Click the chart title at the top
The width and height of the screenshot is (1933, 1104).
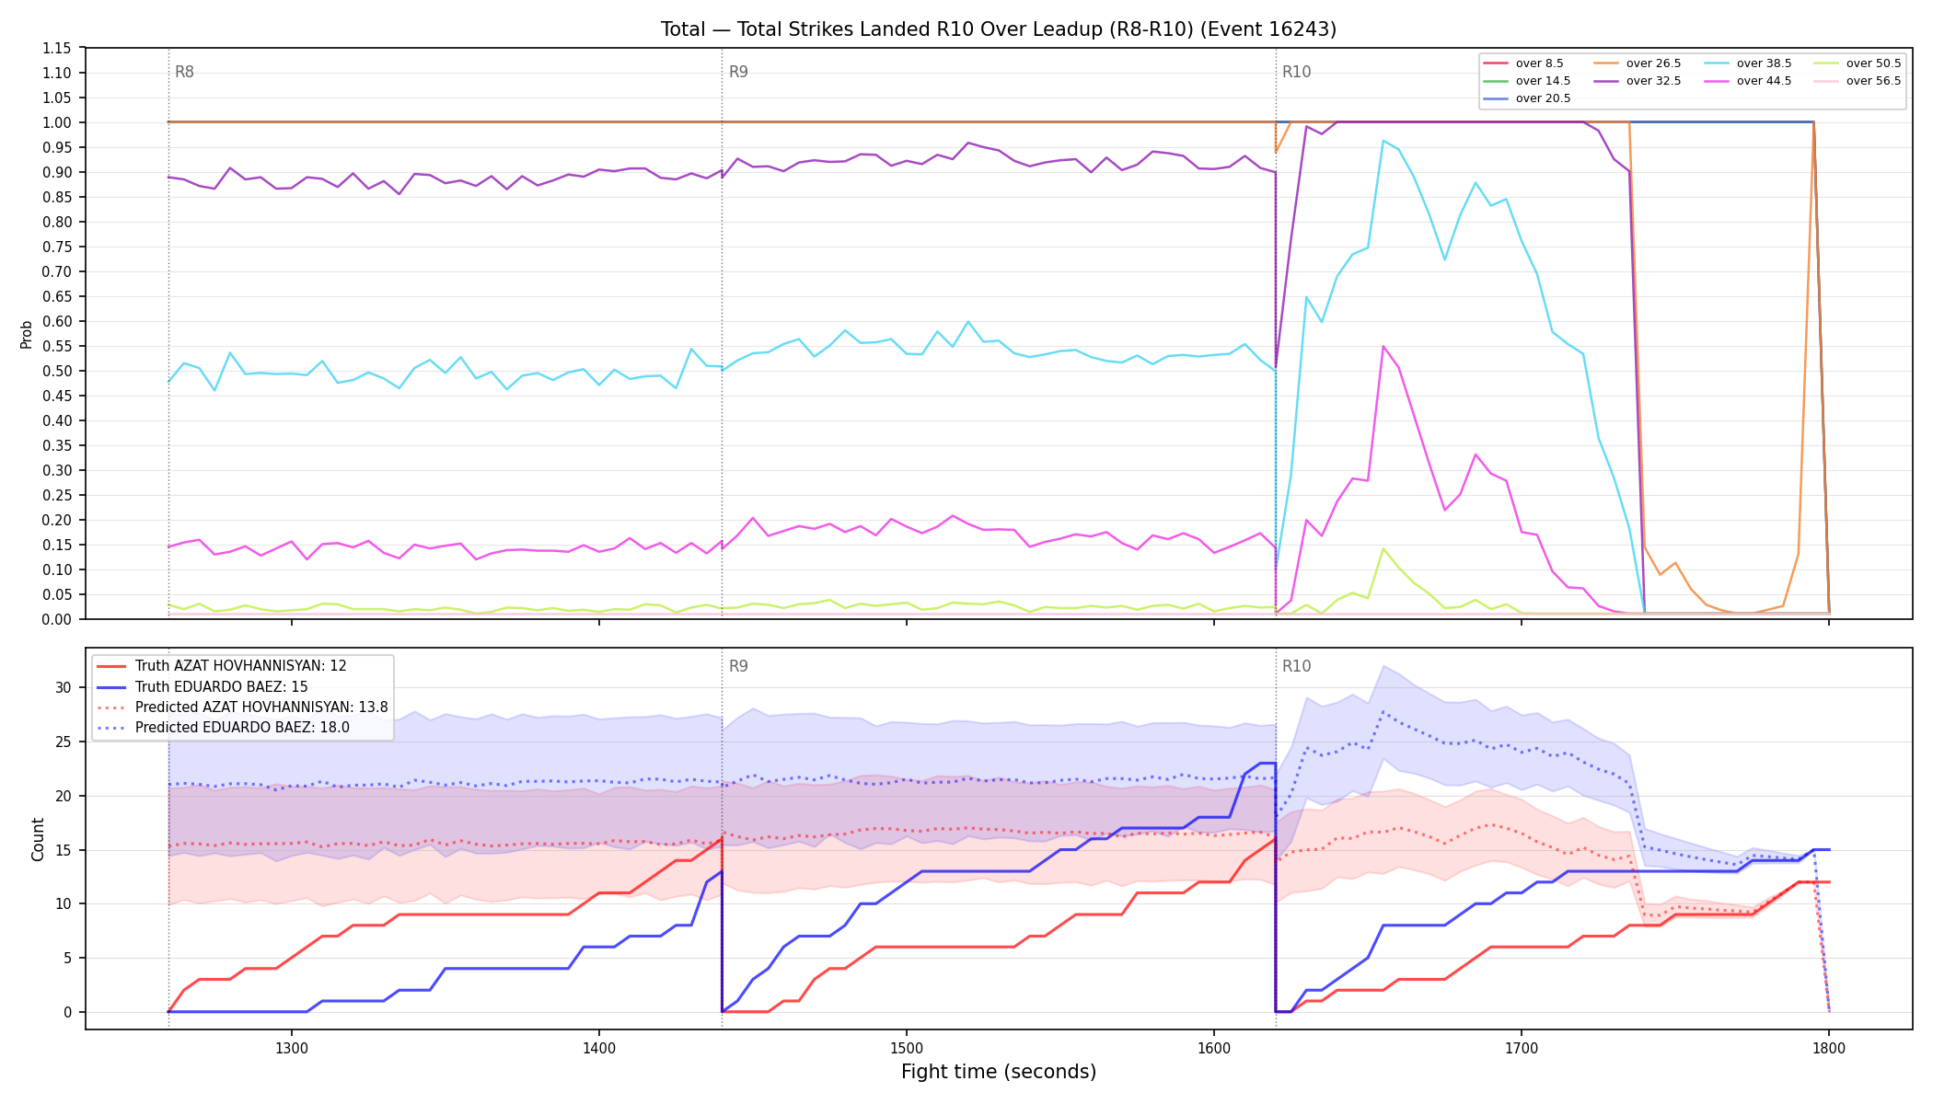tap(998, 29)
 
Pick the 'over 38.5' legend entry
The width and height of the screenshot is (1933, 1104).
tap(1747, 63)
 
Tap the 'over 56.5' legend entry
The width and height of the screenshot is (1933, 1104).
tap(1857, 81)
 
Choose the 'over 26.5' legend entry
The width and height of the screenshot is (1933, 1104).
tap(1637, 63)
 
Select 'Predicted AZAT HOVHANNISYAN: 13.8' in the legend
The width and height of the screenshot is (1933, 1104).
tap(242, 707)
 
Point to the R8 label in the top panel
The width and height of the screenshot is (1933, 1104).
tap(184, 72)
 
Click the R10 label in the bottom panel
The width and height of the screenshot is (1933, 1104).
tap(1296, 666)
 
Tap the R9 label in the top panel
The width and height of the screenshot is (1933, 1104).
tap(738, 72)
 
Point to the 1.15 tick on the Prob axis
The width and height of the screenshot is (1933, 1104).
tap(57, 48)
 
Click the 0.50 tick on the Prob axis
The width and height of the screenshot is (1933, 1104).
tap(57, 371)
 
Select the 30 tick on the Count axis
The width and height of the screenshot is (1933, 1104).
tap(63, 687)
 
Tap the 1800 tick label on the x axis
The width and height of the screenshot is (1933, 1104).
tap(1829, 1047)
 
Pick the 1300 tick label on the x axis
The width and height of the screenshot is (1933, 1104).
tap(292, 1047)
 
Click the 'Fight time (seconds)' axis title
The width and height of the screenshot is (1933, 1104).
tap(999, 1072)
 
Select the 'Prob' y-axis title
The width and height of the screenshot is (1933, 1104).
tap(27, 334)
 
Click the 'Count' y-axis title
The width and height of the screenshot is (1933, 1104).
tap(38, 839)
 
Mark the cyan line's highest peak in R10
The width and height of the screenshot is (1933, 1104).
tap(1383, 140)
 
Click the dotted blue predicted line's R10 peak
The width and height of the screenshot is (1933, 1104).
tap(1383, 711)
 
